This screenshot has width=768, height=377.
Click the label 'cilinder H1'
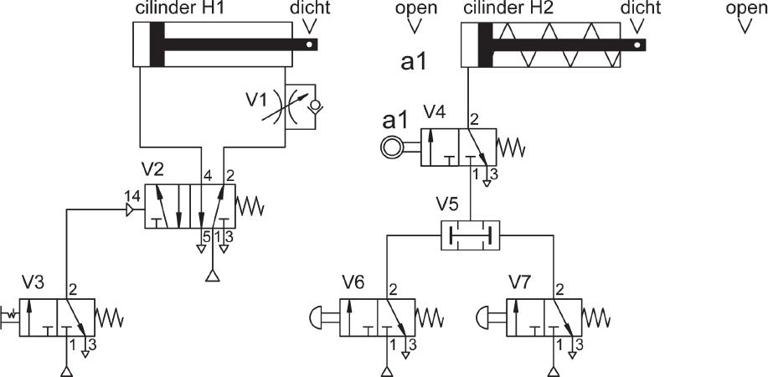[x=178, y=8]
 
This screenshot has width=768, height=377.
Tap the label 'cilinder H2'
[x=508, y=8]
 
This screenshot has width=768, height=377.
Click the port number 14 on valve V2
[x=132, y=196]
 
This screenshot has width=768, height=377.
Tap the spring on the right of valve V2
[x=250, y=206]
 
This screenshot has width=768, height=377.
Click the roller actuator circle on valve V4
[x=392, y=147]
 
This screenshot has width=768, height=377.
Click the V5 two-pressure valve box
[x=470, y=235]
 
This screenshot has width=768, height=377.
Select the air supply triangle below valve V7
[x=554, y=371]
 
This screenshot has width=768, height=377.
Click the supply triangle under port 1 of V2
[x=212, y=276]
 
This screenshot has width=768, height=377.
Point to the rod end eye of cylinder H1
[x=309, y=44]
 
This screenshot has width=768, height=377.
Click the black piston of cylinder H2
[x=485, y=44]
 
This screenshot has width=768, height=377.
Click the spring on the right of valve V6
[x=430, y=318]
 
